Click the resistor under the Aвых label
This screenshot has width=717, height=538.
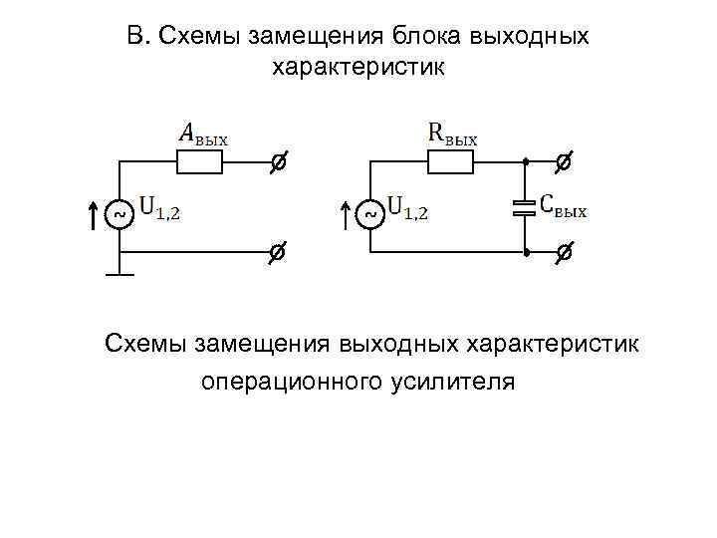(x=199, y=160)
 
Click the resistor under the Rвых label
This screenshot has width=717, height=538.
(x=450, y=160)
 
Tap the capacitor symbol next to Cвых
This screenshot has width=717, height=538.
(x=524, y=208)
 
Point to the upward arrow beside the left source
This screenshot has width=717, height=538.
(x=93, y=214)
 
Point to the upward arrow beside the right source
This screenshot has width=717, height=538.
(x=345, y=214)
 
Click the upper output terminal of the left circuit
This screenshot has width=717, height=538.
(x=279, y=160)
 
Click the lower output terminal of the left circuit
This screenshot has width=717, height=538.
(x=279, y=254)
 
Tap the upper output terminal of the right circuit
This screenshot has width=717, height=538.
(x=564, y=160)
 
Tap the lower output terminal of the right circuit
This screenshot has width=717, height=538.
(x=564, y=254)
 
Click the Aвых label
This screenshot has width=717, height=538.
(x=202, y=134)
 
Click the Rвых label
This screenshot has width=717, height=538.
(x=452, y=134)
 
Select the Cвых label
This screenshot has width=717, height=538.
(x=564, y=205)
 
